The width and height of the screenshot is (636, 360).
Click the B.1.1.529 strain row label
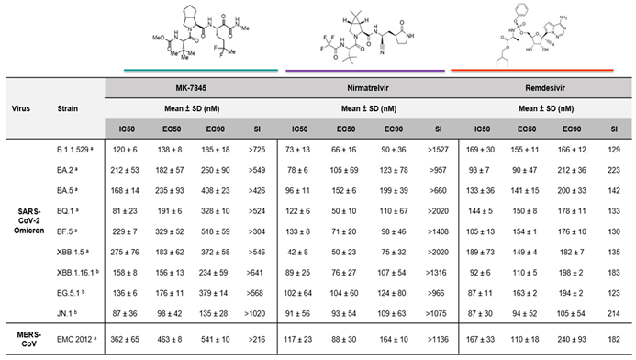pyautogui.click(x=73, y=148)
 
